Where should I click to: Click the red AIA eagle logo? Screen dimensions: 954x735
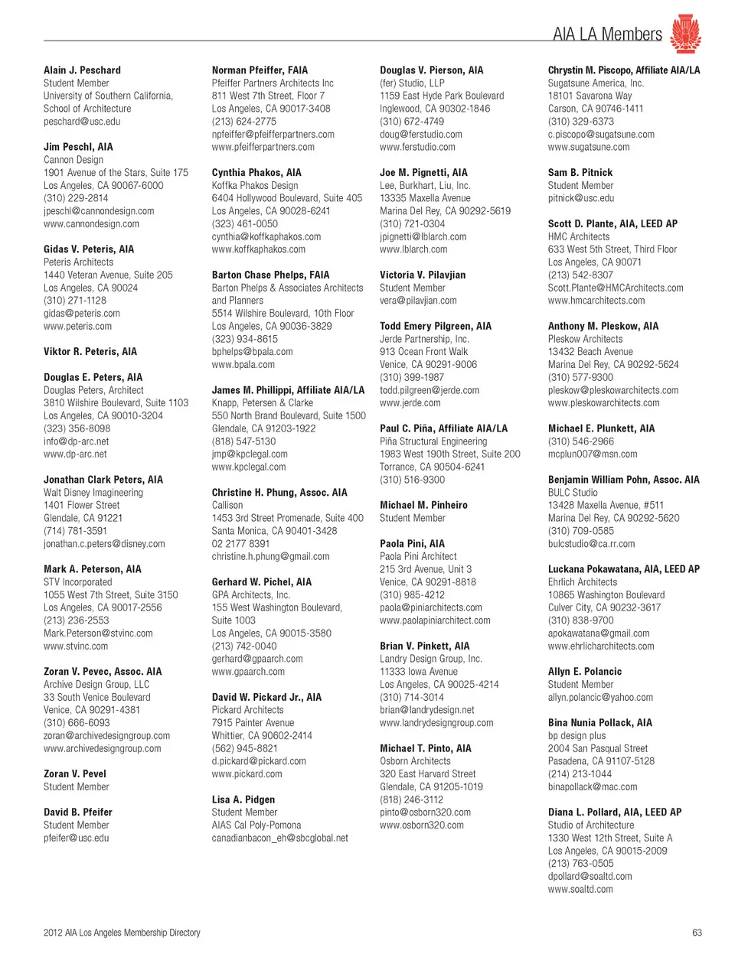point(685,33)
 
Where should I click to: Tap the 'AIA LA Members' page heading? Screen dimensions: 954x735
point(607,34)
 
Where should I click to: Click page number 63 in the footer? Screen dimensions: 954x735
point(697,933)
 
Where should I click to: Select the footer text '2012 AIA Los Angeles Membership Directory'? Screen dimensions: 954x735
point(122,933)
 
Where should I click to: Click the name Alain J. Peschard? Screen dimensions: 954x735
point(82,70)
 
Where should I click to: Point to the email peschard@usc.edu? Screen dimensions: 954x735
point(82,122)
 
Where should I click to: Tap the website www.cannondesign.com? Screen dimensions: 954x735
point(91,224)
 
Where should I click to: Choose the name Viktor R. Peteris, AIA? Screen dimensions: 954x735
point(90,352)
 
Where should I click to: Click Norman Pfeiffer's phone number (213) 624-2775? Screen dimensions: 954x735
point(244,122)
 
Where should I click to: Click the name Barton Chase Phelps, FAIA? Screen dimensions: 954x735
point(270,275)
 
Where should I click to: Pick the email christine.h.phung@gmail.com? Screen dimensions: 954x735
point(270,557)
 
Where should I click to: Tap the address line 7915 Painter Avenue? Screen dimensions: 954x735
point(253,723)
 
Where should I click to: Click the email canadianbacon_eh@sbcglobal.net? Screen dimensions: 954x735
point(279,838)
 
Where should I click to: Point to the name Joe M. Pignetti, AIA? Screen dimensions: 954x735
point(423,173)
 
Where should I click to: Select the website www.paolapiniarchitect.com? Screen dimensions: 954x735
point(435,620)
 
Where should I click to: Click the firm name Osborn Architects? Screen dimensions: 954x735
point(415,761)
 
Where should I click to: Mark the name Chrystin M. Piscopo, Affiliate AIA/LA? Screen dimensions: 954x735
point(624,70)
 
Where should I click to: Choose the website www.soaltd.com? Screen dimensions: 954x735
point(580,890)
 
